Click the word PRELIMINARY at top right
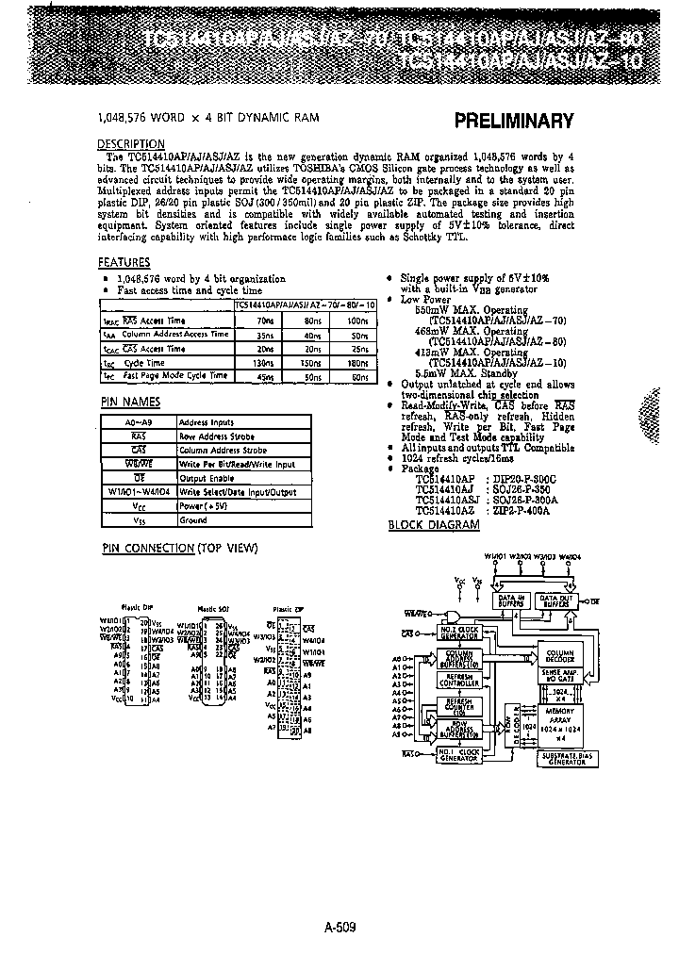pos(514,121)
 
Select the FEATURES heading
pos(124,262)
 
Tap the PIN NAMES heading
pos(126,403)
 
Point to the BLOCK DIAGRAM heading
pos(434,525)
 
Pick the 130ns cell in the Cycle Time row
pos(264,362)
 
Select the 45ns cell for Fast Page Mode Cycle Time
pos(264,376)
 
